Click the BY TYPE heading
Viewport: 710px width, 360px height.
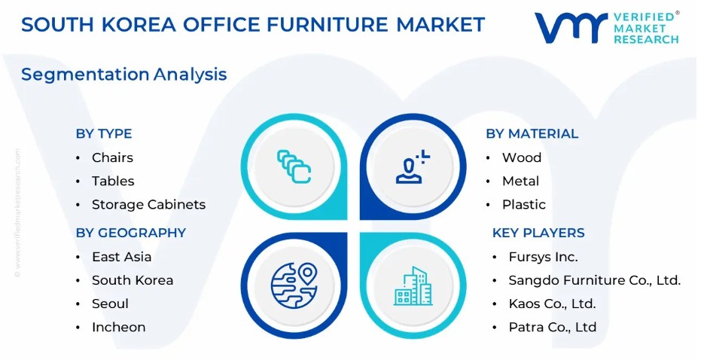(104, 133)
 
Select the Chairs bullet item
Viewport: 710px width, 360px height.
(112, 157)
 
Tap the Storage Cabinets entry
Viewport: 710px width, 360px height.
(148, 205)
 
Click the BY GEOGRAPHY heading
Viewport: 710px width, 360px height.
(131, 233)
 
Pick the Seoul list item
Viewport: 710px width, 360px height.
(110, 304)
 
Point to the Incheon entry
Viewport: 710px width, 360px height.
(119, 327)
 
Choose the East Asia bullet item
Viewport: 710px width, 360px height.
(121, 257)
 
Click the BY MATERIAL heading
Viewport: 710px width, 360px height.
(532, 133)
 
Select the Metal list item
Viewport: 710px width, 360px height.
(520, 182)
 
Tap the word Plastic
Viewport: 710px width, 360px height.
(523, 205)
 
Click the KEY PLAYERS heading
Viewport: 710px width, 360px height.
(538, 233)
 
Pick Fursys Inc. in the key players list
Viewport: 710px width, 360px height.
(543, 257)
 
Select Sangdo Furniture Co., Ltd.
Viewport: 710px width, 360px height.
(595, 280)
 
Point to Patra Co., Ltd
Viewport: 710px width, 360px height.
(553, 327)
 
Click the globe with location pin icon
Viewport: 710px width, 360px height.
(294, 285)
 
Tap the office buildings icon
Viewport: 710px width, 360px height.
(413, 285)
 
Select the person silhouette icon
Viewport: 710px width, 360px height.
(413, 166)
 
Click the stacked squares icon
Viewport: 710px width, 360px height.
(294, 166)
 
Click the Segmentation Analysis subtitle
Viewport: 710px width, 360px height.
(123, 75)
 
